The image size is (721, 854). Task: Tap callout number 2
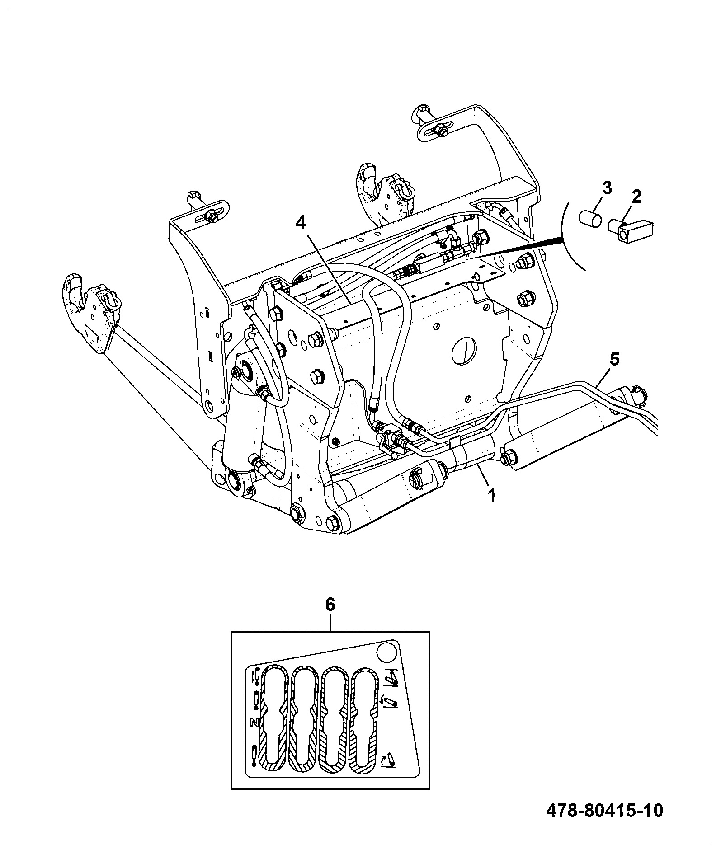coord(636,197)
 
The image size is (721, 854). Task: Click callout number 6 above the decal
coord(330,604)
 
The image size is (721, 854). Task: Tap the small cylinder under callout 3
coord(591,218)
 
